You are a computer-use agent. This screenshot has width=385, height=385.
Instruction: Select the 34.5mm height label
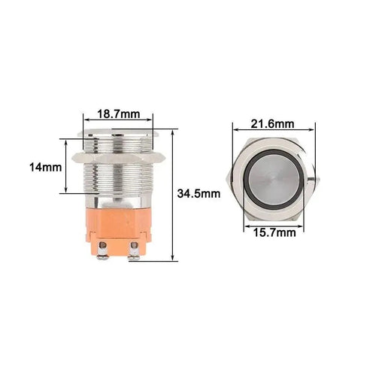199,193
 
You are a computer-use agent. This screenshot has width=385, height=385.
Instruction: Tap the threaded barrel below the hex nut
117,180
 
